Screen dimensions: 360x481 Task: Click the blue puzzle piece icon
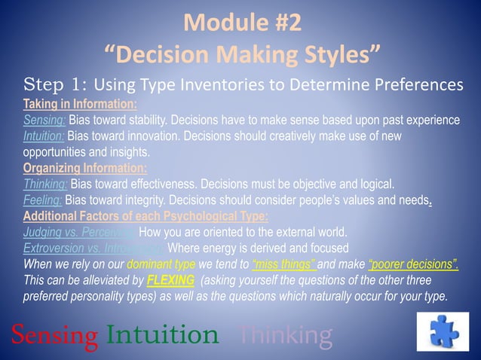pos(443,331)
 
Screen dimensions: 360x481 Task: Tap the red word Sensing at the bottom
pos(54,334)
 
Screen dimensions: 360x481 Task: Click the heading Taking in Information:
pos(80,104)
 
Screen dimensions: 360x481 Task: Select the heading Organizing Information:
pos(85,168)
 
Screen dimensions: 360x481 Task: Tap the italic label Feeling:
pos(43,200)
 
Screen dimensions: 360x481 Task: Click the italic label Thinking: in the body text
pos(45,184)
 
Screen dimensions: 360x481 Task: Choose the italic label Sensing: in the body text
pos(44,121)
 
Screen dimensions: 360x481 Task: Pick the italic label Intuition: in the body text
pos(44,136)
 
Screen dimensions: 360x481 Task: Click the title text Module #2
pos(241,23)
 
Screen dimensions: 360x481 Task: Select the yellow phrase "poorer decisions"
pos(413,264)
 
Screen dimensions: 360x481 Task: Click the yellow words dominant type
pos(161,264)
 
